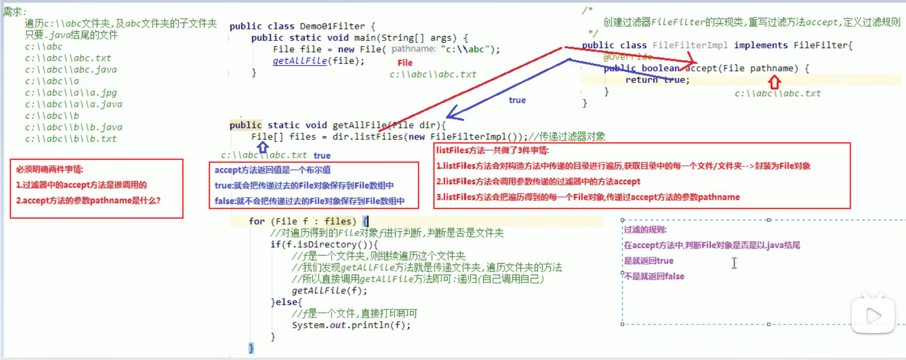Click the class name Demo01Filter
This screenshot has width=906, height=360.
click(x=333, y=26)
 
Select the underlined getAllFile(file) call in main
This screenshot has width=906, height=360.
click(x=318, y=61)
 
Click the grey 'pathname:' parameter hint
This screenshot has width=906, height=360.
click(x=413, y=49)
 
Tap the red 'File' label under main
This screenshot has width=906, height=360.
click(x=405, y=63)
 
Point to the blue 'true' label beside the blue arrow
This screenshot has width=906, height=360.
click(x=517, y=100)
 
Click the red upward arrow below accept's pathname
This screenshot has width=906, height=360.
click(x=774, y=82)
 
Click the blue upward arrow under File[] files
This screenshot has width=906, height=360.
click(x=263, y=147)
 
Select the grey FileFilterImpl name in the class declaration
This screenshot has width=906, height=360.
click(x=690, y=45)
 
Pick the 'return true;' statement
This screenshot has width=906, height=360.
click(x=657, y=80)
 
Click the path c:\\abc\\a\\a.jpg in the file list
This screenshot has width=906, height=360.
click(x=71, y=93)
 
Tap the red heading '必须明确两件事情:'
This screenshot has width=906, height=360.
click(x=50, y=169)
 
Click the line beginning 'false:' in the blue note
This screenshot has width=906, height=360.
click(x=309, y=201)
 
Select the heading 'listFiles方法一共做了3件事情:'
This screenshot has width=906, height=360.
click(x=493, y=150)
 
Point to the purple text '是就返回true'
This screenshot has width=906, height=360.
click(x=649, y=261)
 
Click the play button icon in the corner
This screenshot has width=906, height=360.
click(x=873, y=316)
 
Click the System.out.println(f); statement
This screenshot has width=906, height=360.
click(x=351, y=325)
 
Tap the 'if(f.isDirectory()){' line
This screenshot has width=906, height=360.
click(x=324, y=244)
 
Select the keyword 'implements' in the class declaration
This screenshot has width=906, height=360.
click(x=761, y=45)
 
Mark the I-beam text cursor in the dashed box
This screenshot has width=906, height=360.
click(x=734, y=263)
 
